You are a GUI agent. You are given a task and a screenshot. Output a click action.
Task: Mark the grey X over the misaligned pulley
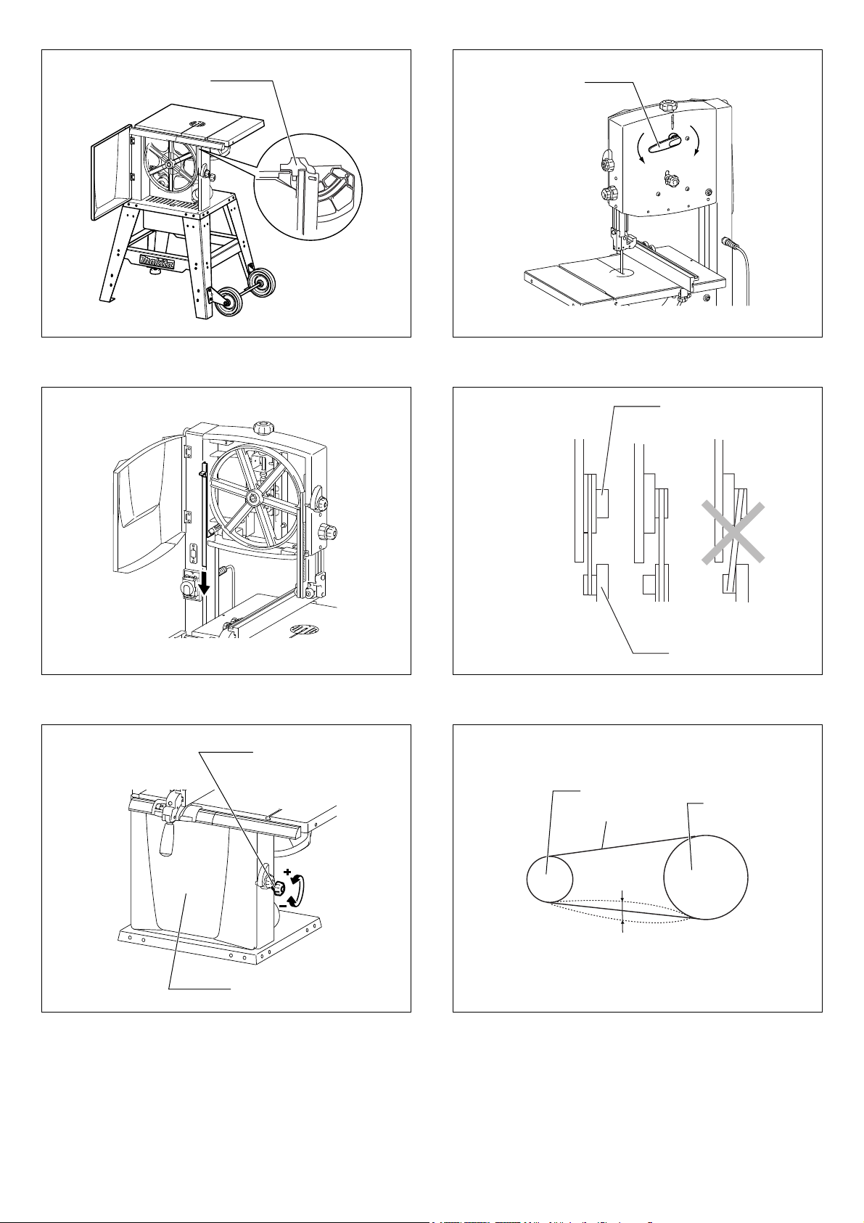733,532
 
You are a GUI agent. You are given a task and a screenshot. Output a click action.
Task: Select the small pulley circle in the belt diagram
549,879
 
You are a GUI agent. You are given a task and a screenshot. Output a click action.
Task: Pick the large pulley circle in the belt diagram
705,878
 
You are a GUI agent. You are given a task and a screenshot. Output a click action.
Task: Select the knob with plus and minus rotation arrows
278,886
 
